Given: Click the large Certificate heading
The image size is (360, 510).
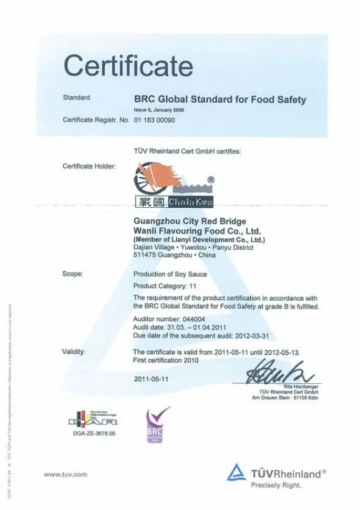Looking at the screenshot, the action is pos(128,66).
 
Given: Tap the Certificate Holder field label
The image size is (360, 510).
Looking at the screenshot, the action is pos(89,166).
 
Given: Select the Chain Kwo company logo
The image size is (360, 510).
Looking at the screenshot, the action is pos(173,184).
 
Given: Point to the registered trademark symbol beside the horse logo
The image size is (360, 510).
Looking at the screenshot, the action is pos(211,179).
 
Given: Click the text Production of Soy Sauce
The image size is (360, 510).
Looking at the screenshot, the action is pos(169,273).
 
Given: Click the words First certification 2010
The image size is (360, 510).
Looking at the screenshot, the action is pos(166,360).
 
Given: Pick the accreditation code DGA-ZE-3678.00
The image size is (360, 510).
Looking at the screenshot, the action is pos(94,433).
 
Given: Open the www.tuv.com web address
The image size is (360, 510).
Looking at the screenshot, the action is pos(65,474).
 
